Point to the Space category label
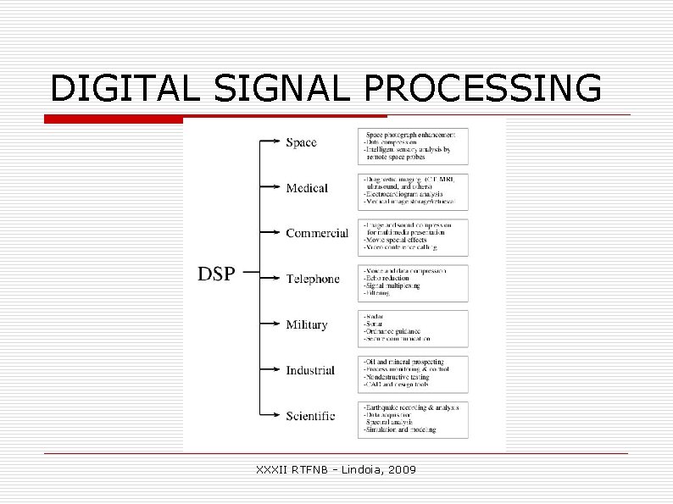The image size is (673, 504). point(301,142)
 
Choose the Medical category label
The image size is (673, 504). point(307,188)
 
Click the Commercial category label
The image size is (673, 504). point(317,233)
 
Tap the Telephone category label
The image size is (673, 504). point(313,279)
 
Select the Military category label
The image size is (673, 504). point(307,324)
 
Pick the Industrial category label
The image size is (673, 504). point(310,370)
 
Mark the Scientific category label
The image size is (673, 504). point(310,416)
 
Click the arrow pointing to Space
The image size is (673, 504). point(270,141)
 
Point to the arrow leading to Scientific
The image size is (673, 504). point(270,415)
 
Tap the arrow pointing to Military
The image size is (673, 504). point(270,324)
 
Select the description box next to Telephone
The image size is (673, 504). point(413,283)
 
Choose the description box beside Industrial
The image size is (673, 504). point(413,374)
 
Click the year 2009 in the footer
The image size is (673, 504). point(402,468)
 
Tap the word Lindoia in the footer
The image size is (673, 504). point(355,468)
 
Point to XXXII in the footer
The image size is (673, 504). point(271,468)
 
